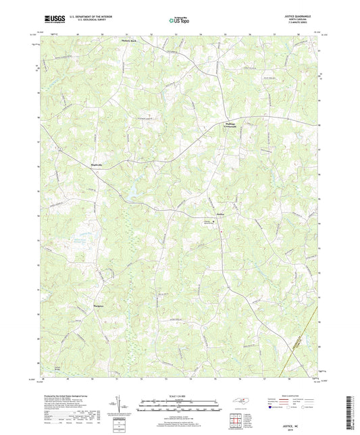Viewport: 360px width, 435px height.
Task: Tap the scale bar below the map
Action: click(x=179, y=407)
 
